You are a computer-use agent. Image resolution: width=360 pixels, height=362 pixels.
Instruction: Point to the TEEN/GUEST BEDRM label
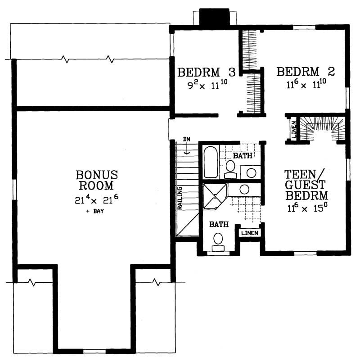click(x=306, y=185)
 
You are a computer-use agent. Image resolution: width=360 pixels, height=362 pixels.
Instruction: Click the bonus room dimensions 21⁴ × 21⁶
click(x=96, y=199)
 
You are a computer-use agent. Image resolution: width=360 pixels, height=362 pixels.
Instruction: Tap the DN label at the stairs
click(x=186, y=139)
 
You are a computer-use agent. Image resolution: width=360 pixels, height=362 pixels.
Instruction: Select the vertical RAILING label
click(x=179, y=198)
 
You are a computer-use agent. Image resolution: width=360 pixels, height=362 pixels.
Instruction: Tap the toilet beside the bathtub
click(x=230, y=167)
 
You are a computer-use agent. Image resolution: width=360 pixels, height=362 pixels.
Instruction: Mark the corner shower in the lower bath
click(x=214, y=197)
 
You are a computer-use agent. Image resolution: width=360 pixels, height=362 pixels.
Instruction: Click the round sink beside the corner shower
click(x=244, y=190)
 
